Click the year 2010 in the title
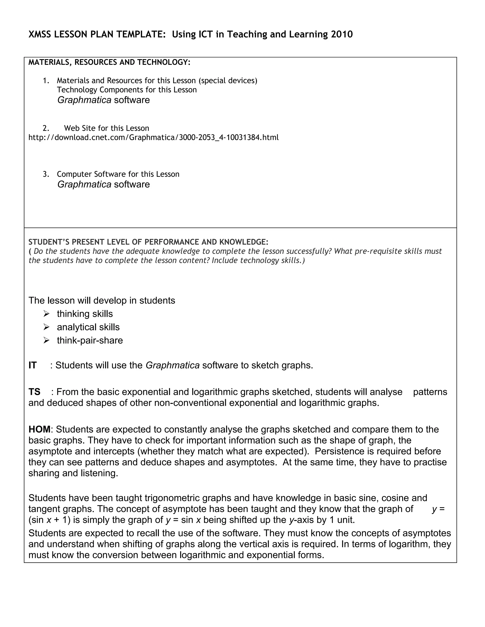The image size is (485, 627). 342,35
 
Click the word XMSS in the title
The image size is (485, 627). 40,35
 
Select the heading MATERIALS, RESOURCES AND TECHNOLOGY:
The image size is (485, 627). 109,62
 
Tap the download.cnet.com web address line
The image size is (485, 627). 153,137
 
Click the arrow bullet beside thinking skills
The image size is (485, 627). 47,314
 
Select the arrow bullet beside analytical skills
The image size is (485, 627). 47,327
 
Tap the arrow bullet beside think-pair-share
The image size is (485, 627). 47,340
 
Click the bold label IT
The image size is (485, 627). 32,366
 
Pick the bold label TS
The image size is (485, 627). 34,392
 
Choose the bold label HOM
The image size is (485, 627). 39,429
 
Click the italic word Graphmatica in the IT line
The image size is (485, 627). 172,366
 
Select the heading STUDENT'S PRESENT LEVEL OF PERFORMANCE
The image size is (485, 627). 148,242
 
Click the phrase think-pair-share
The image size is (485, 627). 90,340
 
